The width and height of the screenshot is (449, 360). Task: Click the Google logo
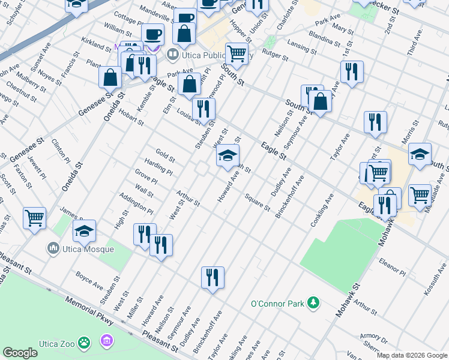tap(20, 353)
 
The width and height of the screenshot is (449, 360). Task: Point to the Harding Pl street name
tap(158, 167)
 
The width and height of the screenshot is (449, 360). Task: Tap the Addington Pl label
tap(136, 203)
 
